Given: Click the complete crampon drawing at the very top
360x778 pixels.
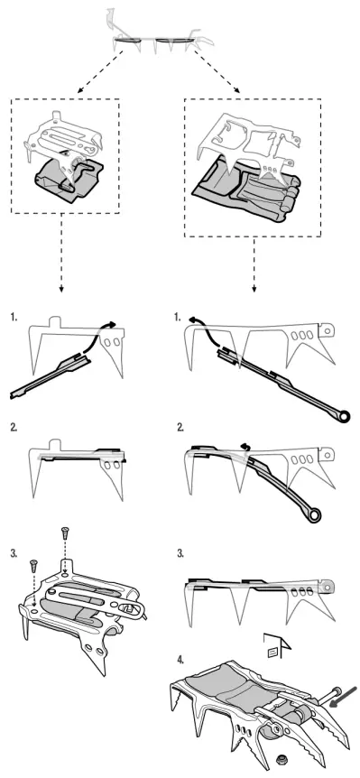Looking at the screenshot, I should (x=158, y=37).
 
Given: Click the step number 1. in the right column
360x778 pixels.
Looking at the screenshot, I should (x=182, y=319).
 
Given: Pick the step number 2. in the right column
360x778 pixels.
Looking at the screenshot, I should (x=182, y=427).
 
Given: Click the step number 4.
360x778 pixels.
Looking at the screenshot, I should (x=182, y=657).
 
